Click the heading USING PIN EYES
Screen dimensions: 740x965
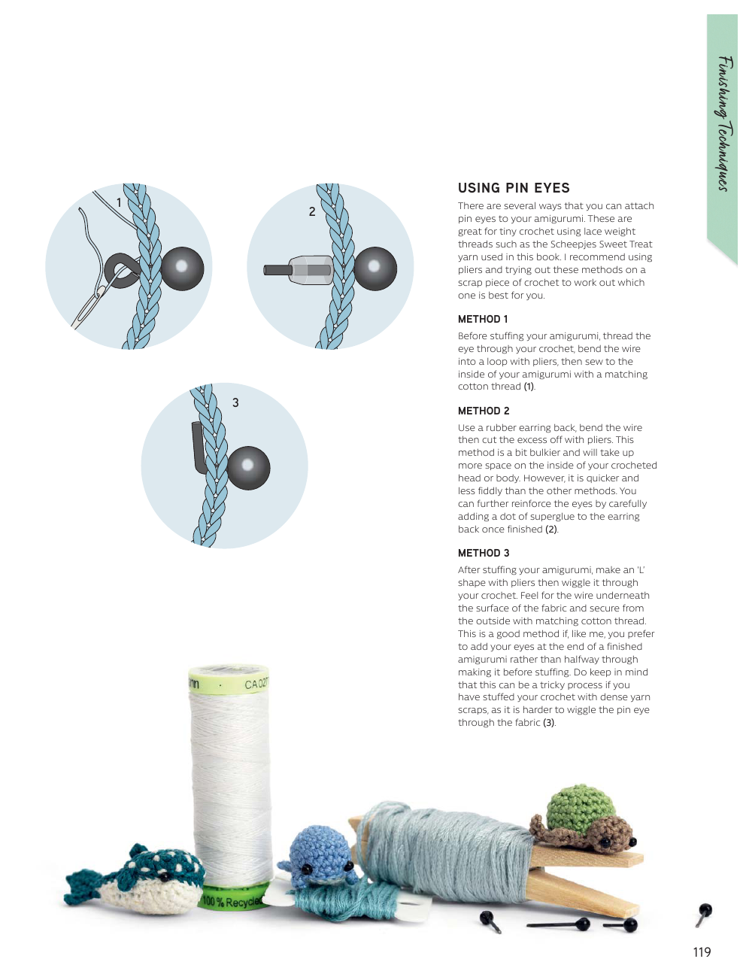pyautogui.click(x=514, y=188)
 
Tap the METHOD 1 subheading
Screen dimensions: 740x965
pyautogui.click(x=483, y=319)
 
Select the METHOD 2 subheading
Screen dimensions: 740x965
pyautogui.click(x=484, y=411)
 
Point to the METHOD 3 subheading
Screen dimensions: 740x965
pyautogui.click(x=484, y=553)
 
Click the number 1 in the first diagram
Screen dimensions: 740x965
pyautogui.click(x=119, y=202)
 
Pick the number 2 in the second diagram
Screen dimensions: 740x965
pyautogui.click(x=312, y=212)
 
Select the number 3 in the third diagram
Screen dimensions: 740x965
pyautogui.click(x=235, y=402)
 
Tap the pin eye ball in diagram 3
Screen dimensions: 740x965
pyautogui.click(x=248, y=468)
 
